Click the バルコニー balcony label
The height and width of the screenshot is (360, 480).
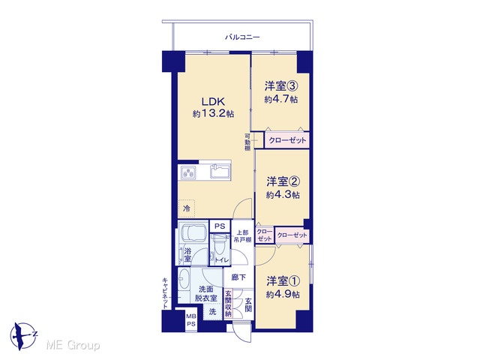tap(242, 37)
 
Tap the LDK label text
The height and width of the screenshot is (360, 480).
tap(213, 101)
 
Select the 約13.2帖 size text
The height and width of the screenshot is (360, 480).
tap(213, 114)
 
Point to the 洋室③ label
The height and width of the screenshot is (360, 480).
tap(281, 86)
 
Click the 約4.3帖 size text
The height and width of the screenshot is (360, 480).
tap(283, 195)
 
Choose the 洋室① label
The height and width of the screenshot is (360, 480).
tap(283, 280)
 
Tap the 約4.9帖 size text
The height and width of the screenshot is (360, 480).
tap(283, 295)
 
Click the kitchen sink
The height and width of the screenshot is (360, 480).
tap(220, 172)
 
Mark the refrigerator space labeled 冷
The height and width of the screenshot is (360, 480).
tap(187, 208)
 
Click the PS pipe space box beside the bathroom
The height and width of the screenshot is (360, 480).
tap(220, 226)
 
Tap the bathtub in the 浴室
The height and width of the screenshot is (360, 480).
tap(193, 233)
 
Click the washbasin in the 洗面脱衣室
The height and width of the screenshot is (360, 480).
tap(184, 279)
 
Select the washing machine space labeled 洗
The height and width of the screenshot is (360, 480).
tap(213, 312)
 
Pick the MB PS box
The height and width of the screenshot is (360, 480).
tap(191, 321)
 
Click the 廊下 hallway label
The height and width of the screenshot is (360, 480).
tap(238, 277)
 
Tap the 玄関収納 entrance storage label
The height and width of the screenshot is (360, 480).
tap(228, 303)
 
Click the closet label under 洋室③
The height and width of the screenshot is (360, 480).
tap(287, 140)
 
